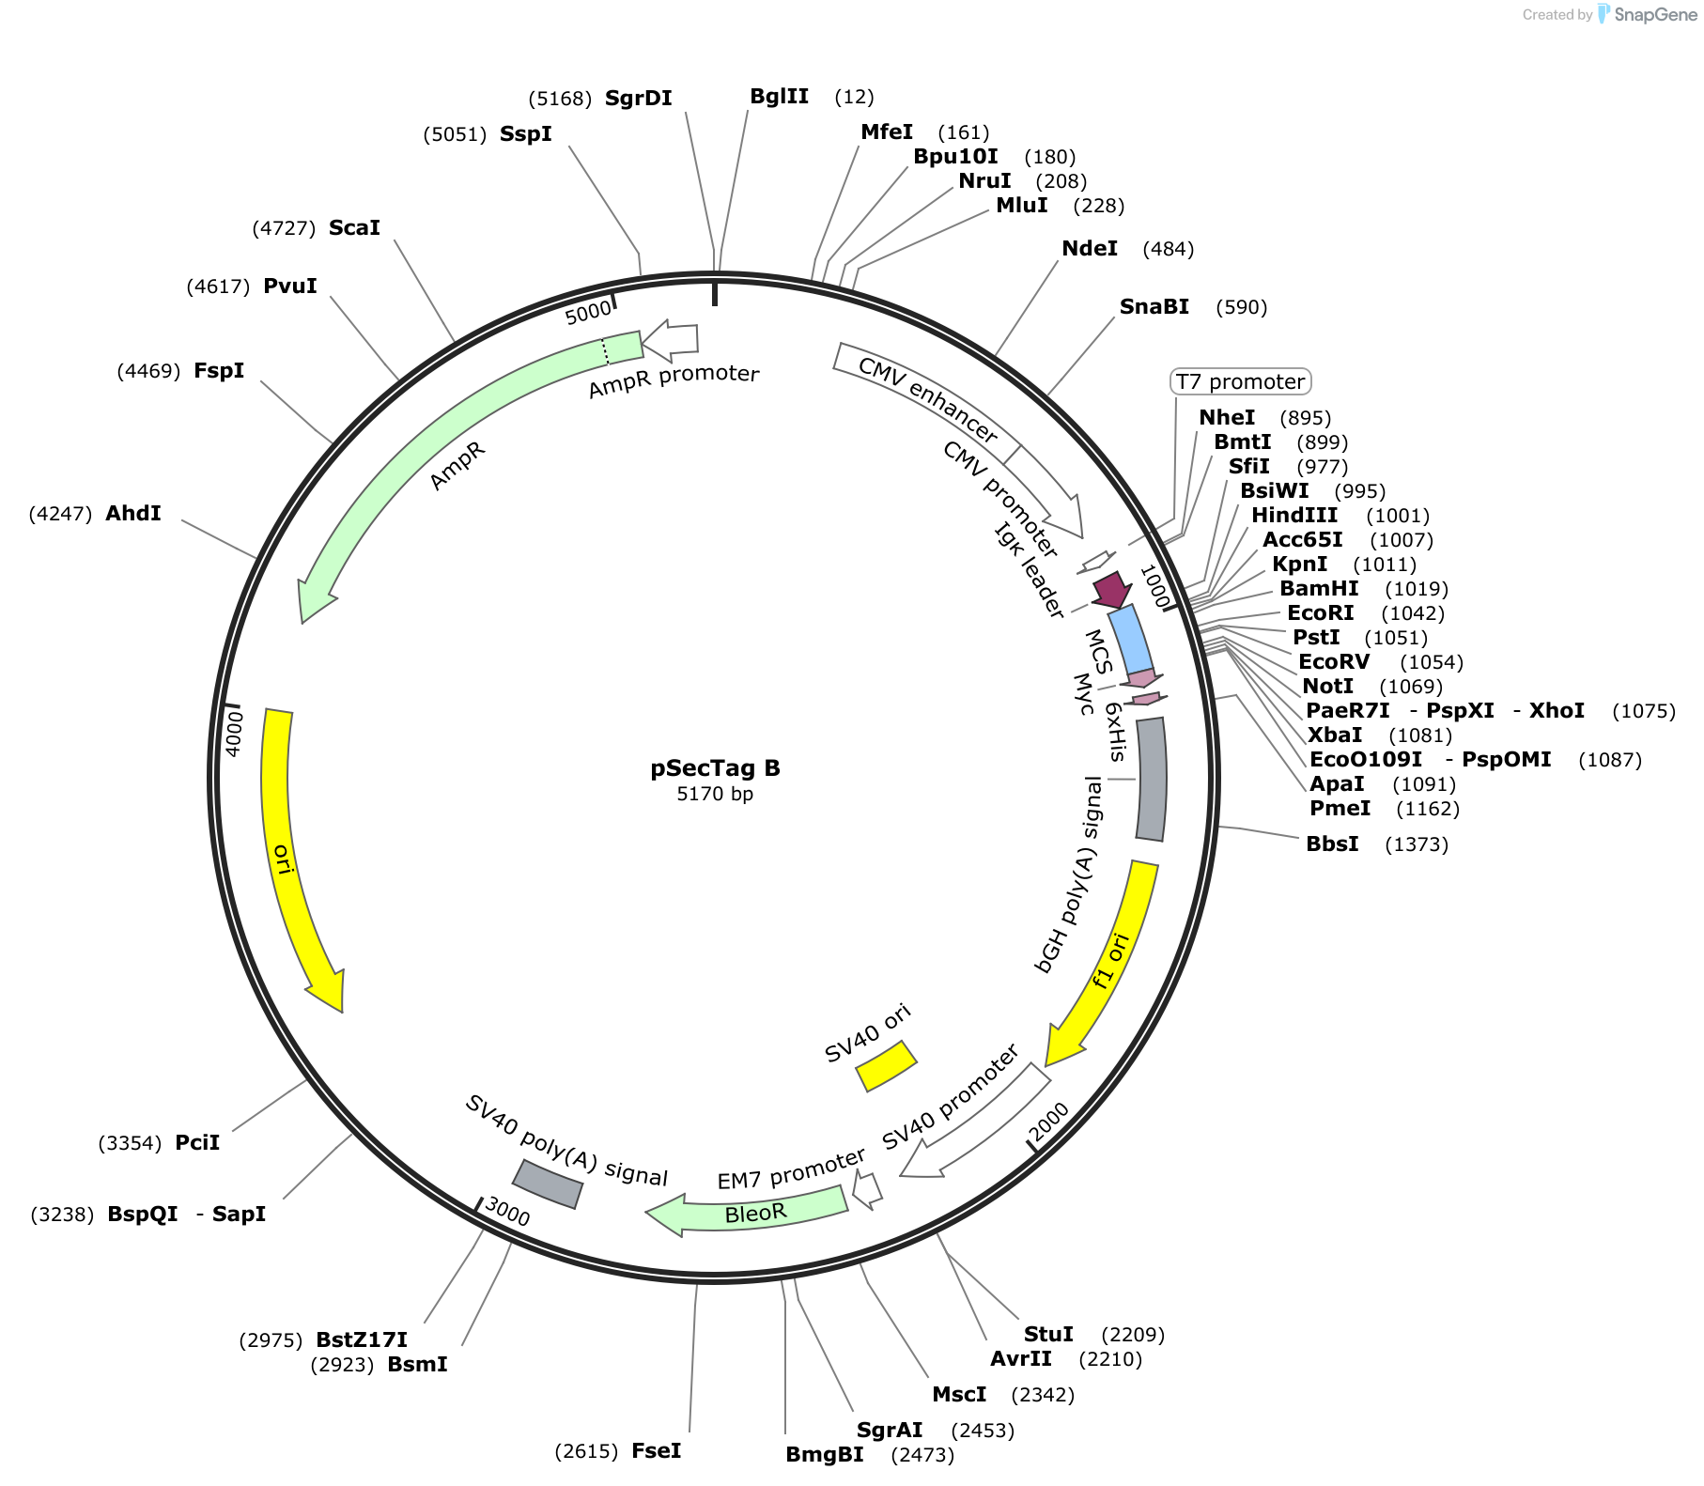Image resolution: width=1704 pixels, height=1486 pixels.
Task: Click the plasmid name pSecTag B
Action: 715,768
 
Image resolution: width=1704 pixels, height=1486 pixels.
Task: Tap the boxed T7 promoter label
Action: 1240,381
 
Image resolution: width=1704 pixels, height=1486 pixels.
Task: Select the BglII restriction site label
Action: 779,96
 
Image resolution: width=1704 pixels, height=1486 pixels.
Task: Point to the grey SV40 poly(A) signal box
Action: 548,1184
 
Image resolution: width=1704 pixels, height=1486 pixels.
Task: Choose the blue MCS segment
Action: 1130,640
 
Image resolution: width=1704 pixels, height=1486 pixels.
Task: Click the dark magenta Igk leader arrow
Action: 1112,590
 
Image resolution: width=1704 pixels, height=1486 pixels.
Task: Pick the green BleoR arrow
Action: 747,1212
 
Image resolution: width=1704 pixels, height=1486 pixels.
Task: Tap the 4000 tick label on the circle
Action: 235,732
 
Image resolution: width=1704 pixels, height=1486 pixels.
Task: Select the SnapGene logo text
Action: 1655,14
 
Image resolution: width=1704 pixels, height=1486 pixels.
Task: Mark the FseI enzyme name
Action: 656,1450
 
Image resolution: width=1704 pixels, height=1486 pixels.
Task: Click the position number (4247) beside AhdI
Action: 60,514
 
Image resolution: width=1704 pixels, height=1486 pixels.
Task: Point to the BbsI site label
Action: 1332,844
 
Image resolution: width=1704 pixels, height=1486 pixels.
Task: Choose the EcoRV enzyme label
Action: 1334,661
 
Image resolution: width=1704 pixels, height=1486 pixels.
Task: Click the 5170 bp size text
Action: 715,794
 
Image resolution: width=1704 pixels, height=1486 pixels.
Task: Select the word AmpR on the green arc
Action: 457,466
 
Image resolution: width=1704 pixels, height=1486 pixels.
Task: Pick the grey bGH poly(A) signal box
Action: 1151,780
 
